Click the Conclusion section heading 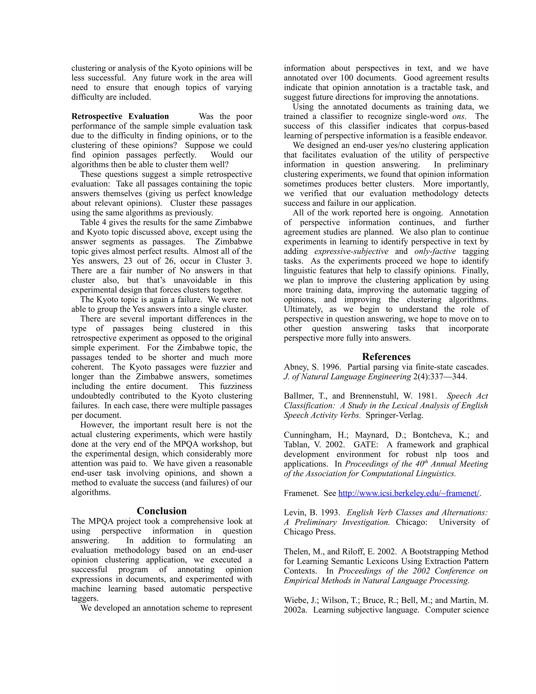click(x=162, y=511)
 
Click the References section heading click(x=386, y=356)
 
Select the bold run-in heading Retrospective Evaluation click(x=120, y=116)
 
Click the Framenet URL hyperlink click(x=409, y=493)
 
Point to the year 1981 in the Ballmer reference click(x=426, y=396)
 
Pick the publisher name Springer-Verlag click(x=394, y=415)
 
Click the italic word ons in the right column click(x=459, y=116)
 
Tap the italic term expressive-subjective click(x=351, y=251)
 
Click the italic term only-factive click(x=435, y=251)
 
